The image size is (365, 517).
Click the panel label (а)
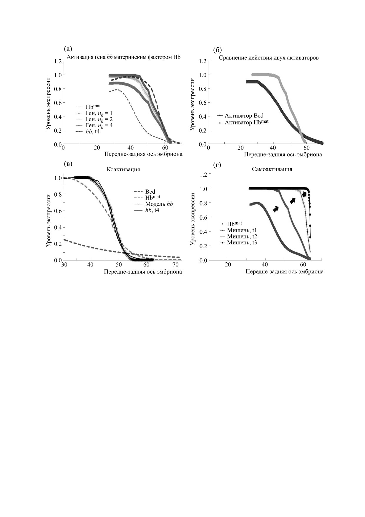coord(68,49)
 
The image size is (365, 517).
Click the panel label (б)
coord(217,50)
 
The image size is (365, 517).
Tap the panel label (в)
coord(68,164)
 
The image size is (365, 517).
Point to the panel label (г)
coord(217,165)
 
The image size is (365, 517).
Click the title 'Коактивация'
coord(123,169)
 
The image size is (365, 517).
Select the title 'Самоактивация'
coord(272,169)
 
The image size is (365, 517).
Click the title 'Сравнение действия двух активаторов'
coord(268,58)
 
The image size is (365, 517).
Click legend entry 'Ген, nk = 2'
coord(99,119)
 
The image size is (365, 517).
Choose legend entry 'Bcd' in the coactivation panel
coord(150,192)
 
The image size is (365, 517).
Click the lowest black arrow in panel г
coord(276,209)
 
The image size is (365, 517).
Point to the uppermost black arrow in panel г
coord(304,194)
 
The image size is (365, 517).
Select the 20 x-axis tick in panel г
coord(228,265)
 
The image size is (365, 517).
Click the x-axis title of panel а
coord(143,154)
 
